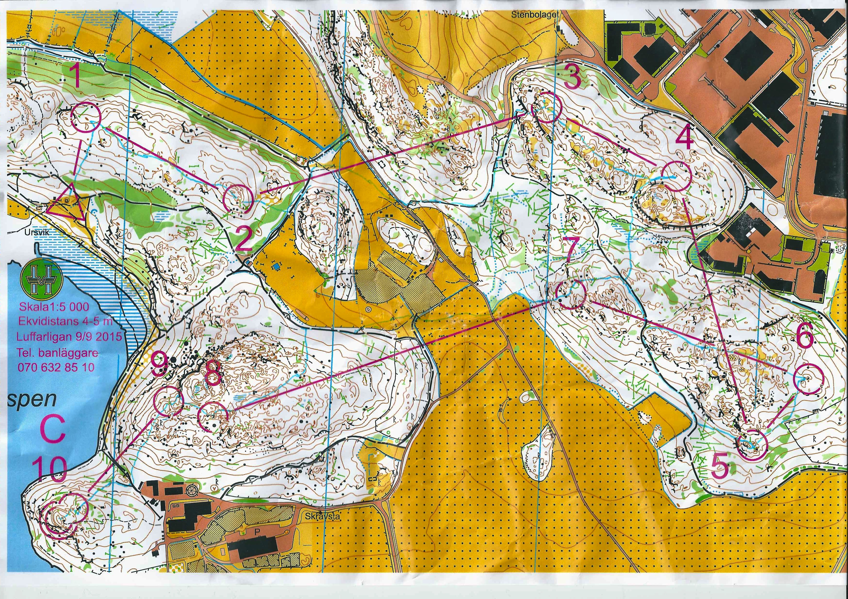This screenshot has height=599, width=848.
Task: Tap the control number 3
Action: click(572, 78)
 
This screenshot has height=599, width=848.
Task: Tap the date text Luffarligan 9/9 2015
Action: click(68, 337)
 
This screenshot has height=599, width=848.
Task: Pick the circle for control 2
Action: click(238, 199)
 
